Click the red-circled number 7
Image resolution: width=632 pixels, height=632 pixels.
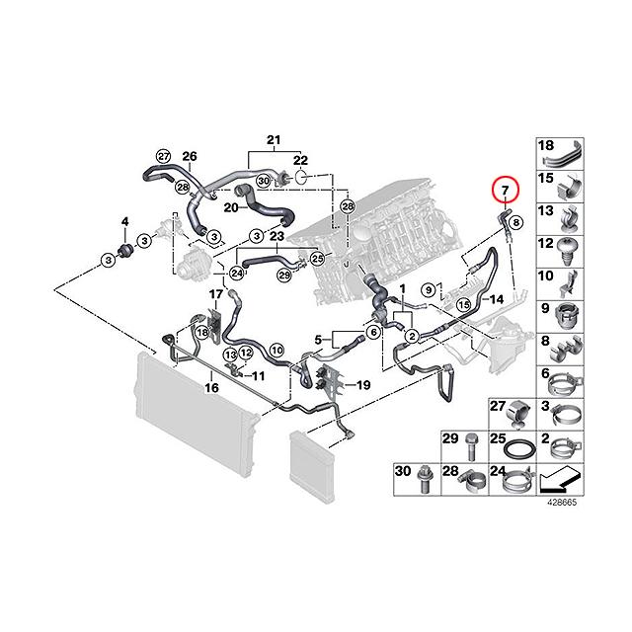point(504,188)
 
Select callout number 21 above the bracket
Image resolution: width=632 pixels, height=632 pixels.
point(274,137)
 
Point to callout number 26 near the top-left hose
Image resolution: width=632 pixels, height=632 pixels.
point(190,155)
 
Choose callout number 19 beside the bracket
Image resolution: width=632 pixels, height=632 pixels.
point(361,385)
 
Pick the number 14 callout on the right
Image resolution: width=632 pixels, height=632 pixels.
point(497,297)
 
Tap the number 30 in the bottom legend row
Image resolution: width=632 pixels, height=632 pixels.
point(403,471)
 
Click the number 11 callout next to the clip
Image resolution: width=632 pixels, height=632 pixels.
point(260,375)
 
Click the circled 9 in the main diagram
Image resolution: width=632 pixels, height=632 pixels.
point(429,289)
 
